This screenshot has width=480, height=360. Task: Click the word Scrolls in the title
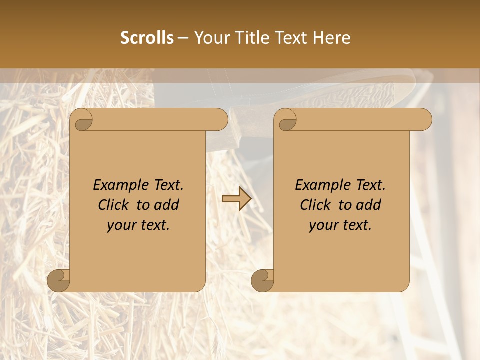(x=147, y=38)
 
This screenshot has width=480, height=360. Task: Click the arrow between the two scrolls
(x=236, y=199)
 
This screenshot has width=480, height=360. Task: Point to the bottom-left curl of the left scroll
(x=59, y=280)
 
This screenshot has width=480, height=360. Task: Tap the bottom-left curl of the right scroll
(x=262, y=280)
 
